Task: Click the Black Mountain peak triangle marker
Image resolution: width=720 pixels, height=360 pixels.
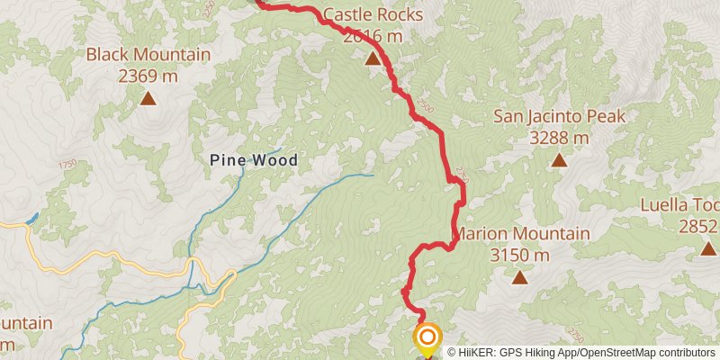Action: click(148, 98)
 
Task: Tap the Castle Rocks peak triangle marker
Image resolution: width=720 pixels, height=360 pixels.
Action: click(372, 58)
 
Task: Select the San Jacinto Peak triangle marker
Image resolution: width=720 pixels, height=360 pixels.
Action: click(559, 160)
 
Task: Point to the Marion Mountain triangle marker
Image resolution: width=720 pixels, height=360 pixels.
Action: click(519, 277)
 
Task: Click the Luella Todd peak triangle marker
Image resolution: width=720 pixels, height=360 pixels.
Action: click(708, 247)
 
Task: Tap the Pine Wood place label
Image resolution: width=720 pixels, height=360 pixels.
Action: click(253, 160)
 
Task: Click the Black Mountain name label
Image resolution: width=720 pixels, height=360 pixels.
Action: click(148, 55)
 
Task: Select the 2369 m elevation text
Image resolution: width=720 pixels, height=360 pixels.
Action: click(148, 76)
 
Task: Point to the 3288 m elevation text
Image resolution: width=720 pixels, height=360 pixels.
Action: click(559, 138)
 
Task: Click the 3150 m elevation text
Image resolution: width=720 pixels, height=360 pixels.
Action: click(519, 256)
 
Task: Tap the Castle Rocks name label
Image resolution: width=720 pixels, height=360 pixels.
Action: click(372, 15)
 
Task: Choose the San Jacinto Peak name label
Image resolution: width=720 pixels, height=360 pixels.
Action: click(559, 116)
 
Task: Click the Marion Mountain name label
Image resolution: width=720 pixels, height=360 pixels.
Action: click(520, 234)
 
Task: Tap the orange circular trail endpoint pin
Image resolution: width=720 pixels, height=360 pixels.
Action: click(427, 337)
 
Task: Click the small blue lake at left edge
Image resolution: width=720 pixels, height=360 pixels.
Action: click(32, 218)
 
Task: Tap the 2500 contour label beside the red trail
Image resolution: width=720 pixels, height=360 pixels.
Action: click(426, 108)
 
